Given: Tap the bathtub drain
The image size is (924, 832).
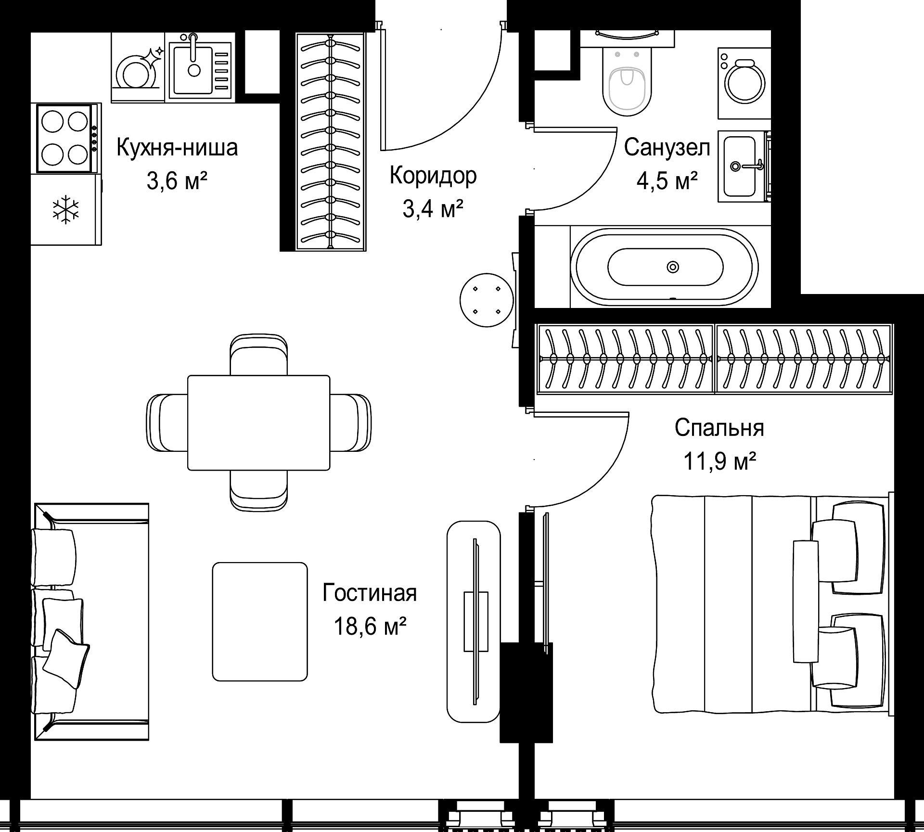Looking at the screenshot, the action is pyautogui.click(x=672, y=267).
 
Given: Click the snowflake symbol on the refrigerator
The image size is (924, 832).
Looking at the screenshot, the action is pyautogui.click(x=66, y=209).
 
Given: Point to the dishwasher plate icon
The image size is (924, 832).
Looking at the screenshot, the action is pyautogui.click(x=138, y=72).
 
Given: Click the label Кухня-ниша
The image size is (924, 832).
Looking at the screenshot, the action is pyautogui.click(x=177, y=148).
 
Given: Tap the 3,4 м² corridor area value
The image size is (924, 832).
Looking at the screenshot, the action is pyautogui.click(x=433, y=210).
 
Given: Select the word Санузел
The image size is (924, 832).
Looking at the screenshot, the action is pyautogui.click(x=667, y=148).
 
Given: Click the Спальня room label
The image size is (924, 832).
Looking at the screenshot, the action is pyautogui.click(x=719, y=428).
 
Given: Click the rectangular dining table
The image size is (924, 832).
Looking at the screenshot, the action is pyautogui.click(x=259, y=422).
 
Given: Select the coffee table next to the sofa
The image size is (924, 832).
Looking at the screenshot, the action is pyautogui.click(x=260, y=622).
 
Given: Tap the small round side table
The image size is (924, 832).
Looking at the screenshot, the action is pyautogui.click(x=487, y=300).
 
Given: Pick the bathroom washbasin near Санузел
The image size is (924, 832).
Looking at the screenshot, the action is pyautogui.click(x=740, y=166).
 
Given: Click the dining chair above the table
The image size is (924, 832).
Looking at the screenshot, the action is pyautogui.click(x=259, y=355).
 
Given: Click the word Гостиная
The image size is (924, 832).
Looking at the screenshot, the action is pyautogui.click(x=370, y=593).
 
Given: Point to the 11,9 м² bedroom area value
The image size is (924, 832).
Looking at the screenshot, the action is pyautogui.click(x=719, y=462).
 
